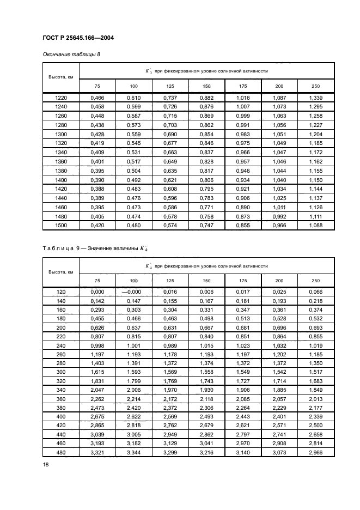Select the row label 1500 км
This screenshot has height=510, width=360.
click(61, 225)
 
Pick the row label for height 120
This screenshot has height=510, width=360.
click(61, 292)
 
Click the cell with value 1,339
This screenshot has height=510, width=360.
click(316, 97)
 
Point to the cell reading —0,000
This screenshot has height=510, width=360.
click(133, 292)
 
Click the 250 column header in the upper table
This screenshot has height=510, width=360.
click(316, 86)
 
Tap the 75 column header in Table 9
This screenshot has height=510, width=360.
click(97, 281)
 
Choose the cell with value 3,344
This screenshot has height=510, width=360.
click(133, 453)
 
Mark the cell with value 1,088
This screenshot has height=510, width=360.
click(316, 225)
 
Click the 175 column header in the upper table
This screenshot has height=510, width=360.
click(243, 86)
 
